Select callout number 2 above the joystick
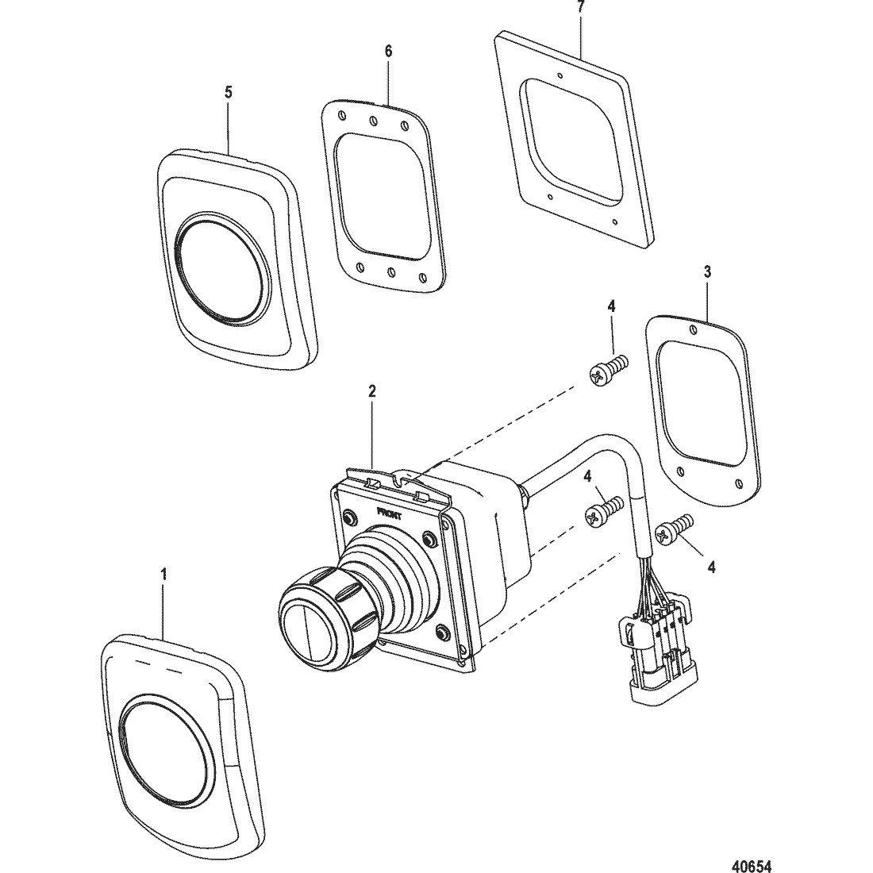(372, 391)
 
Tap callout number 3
(707, 272)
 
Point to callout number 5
(229, 92)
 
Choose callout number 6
(388, 52)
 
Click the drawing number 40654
(752, 866)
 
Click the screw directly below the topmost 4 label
(608, 369)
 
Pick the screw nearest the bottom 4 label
(675, 529)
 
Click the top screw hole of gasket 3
(693, 330)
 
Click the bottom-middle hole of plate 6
(390, 271)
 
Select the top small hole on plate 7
(560, 75)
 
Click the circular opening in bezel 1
(164, 749)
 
